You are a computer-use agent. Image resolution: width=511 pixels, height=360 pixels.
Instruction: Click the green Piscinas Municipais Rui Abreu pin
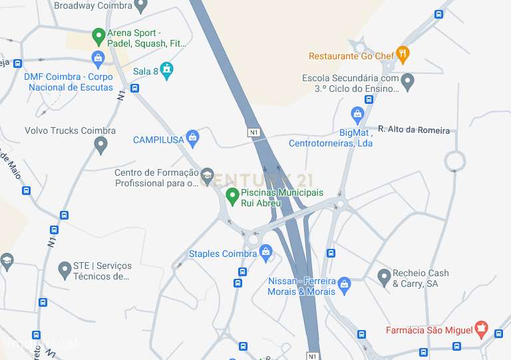[232, 196]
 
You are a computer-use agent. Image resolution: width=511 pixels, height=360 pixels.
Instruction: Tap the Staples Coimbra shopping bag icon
[266, 252]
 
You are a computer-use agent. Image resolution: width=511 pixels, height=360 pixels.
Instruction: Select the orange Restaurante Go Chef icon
[402, 53]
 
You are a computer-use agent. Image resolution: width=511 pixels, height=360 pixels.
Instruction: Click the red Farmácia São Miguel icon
[482, 329]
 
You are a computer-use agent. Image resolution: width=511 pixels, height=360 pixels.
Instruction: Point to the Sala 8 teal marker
[166, 69]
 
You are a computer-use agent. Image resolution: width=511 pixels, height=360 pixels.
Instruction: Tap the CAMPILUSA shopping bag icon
[193, 138]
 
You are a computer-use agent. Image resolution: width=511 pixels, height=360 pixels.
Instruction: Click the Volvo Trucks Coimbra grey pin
[101, 144]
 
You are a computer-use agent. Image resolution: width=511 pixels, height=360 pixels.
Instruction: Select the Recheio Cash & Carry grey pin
[384, 277]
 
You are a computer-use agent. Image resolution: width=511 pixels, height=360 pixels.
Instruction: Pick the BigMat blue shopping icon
[358, 115]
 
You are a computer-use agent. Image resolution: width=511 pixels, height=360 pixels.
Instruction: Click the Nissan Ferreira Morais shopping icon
[344, 285]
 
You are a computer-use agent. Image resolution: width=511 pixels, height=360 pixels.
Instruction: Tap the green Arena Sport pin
[98, 35]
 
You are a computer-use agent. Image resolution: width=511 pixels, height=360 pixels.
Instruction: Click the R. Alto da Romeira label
[413, 130]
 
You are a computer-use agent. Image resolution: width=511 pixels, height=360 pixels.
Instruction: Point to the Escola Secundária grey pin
[408, 82]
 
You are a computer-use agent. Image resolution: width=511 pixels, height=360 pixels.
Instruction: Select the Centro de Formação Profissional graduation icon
[207, 176]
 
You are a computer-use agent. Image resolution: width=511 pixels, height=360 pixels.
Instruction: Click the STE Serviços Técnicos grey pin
[65, 270]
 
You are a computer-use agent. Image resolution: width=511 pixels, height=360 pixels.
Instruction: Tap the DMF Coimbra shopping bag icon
[98, 59]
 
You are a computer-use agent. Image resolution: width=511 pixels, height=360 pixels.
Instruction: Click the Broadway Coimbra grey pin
[140, 6]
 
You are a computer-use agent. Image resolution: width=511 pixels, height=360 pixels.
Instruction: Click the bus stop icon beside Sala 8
[135, 88]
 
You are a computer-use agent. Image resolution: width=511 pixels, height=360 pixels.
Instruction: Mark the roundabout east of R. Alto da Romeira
[455, 160]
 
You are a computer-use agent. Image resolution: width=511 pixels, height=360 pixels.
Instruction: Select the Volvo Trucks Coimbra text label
[70, 130]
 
